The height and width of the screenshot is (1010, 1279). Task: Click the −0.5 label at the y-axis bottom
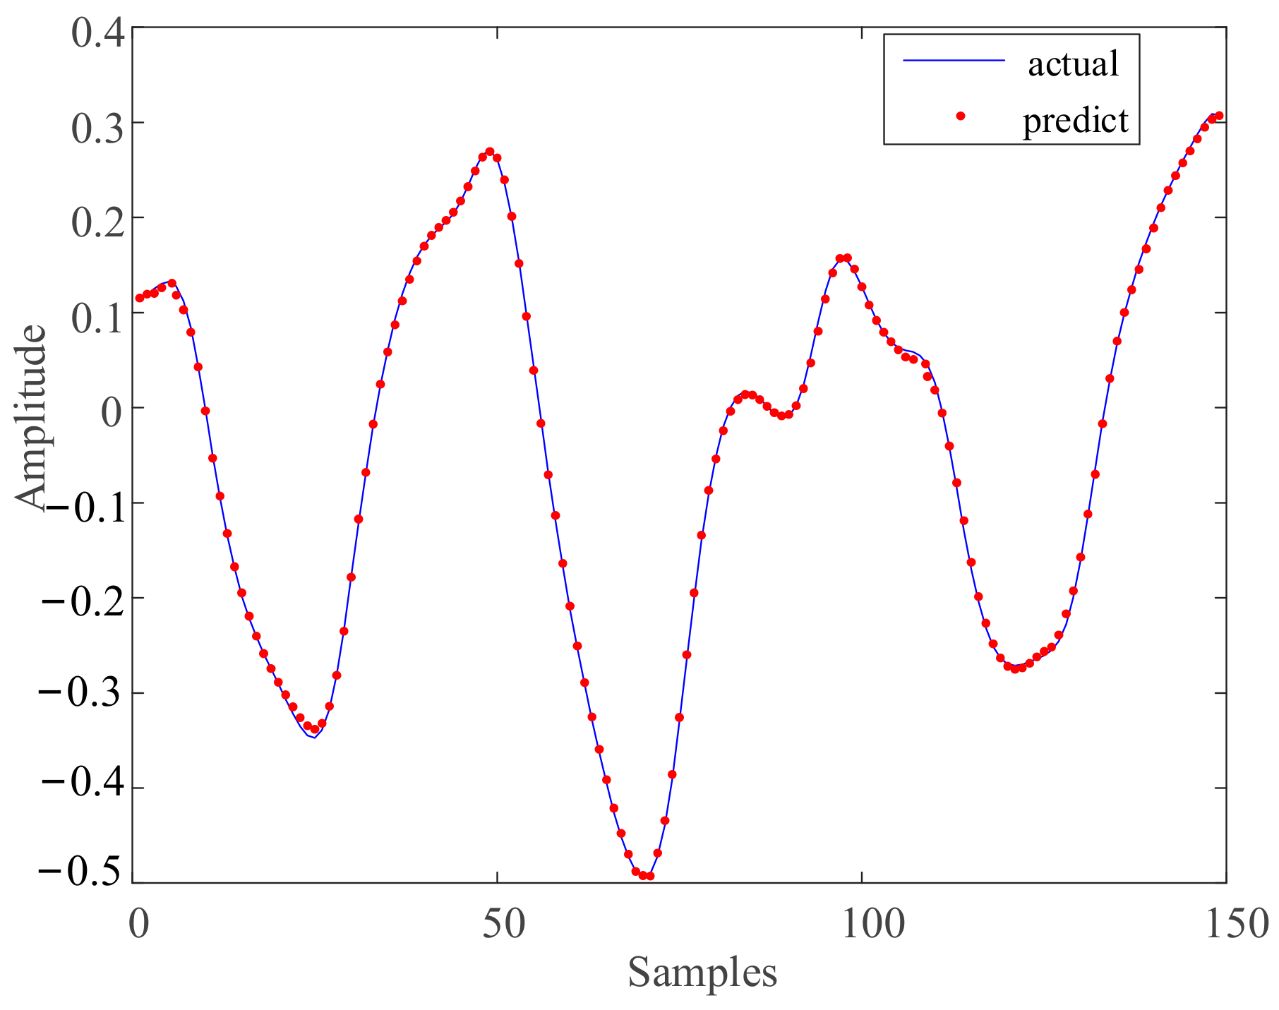coord(83,872)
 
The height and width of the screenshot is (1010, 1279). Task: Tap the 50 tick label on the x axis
coord(503,925)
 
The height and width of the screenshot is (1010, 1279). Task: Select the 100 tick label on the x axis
coord(872,925)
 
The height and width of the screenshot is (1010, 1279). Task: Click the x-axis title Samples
coord(702,973)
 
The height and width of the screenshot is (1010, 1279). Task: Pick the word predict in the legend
coord(1076,120)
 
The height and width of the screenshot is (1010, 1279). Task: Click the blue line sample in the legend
coord(954,61)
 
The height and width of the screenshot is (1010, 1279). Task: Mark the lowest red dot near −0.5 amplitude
coord(650,876)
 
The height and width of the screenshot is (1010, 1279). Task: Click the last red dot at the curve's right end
coord(1219,116)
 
